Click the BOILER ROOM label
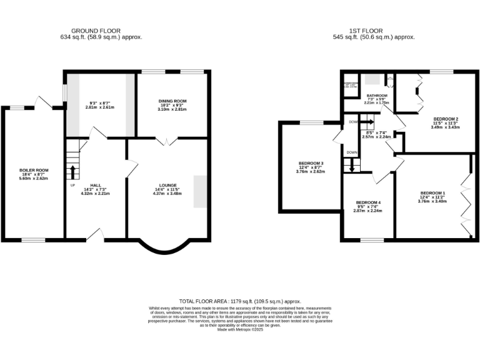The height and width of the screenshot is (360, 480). [x=34, y=170]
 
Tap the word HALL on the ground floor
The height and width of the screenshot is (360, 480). [x=96, y=186]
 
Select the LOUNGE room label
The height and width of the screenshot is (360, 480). [x=167, y=186]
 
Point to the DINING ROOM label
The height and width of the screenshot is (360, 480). [x=172, y=101]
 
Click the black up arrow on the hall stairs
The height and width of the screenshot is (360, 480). [x=73, y=171]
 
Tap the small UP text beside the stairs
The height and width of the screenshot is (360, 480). [x=72, y=186]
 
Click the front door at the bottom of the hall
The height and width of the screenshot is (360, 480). [x=95, y=234]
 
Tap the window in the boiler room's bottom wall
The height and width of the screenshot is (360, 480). [x=34, y=239]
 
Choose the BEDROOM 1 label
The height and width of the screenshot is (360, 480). [x=432, y=192]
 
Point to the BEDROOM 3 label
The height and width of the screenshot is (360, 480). [x=310, y=164]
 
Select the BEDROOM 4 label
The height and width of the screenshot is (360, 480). [x=367, y=202]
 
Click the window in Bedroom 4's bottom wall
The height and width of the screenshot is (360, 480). [x=371, y=239]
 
